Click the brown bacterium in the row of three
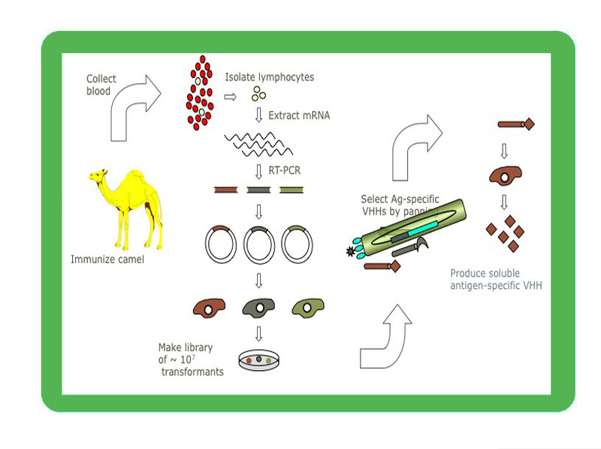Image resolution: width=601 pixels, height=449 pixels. click(213, 307)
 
